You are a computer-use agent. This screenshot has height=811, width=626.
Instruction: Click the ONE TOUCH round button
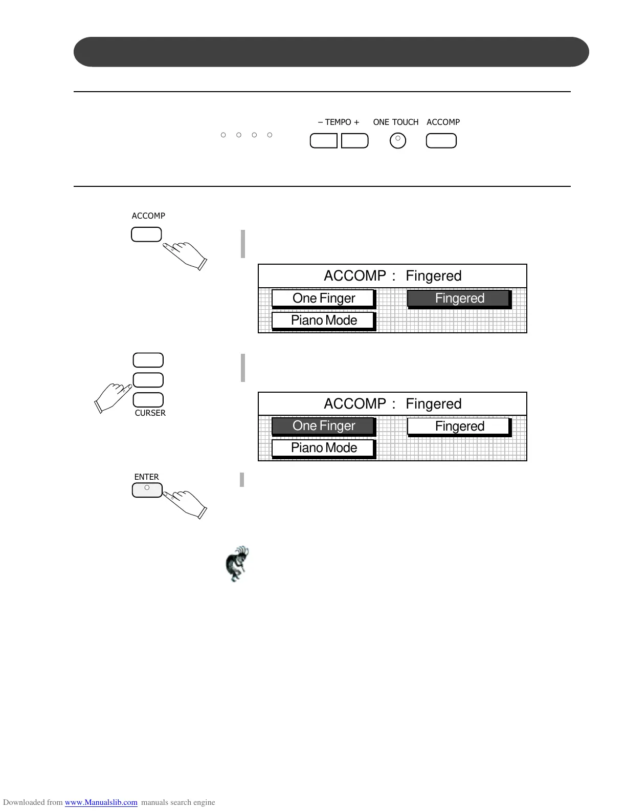click(398, 140)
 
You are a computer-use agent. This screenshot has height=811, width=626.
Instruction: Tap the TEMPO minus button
click(324, 141)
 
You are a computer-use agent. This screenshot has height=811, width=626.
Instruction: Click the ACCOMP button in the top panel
click(441, 141)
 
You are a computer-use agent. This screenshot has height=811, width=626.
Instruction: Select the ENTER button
click(147, 490)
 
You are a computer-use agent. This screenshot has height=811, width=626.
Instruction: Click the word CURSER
click(150, 413)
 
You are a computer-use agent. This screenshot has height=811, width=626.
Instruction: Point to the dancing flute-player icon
click(237, 563)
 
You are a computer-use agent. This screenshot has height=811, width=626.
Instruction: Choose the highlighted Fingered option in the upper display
click(459, 298)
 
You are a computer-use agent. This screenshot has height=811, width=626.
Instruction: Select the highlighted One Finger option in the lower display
click(323, 426)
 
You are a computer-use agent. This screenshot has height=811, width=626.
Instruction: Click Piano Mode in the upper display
click(323, 321)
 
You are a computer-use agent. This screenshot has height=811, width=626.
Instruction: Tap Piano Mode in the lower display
click(323, 448)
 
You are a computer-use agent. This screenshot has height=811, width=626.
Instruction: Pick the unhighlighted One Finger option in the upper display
click(323, 298)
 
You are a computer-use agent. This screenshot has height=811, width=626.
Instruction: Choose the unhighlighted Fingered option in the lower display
click(459, 426)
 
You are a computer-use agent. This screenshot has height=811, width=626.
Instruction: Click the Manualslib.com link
click(101, 802)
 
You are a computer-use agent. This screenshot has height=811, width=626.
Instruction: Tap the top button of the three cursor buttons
click(148, 360)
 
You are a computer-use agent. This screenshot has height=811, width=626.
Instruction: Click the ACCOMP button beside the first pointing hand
click(146, 234)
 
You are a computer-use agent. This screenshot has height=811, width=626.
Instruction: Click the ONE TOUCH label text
click(395, 122)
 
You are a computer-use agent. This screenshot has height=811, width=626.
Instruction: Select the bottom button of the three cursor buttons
click(148, 400)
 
